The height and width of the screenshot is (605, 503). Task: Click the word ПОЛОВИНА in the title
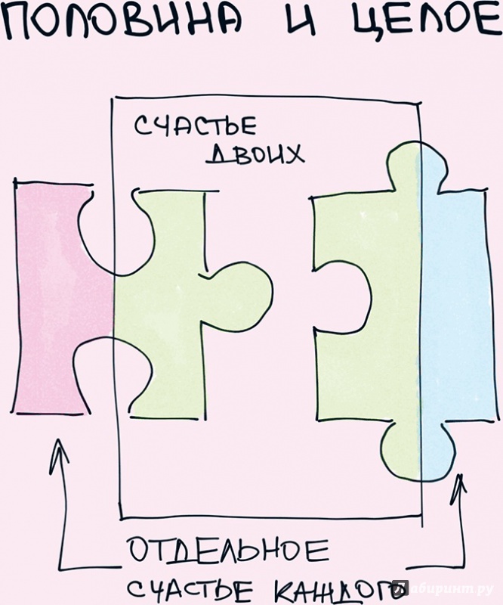pos(122,23)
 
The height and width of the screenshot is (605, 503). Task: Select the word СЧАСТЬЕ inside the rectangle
pos(196,126)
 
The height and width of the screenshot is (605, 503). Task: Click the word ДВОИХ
pos(255,154)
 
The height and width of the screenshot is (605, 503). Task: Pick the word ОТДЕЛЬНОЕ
pos(228,551)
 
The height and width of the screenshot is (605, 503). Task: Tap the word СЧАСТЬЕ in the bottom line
pos(190,590)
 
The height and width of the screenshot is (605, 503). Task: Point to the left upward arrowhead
pos(58,455)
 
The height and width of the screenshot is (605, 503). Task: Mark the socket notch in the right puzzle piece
pos(343,295)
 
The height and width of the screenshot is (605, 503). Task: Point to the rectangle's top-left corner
pos(113,98)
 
